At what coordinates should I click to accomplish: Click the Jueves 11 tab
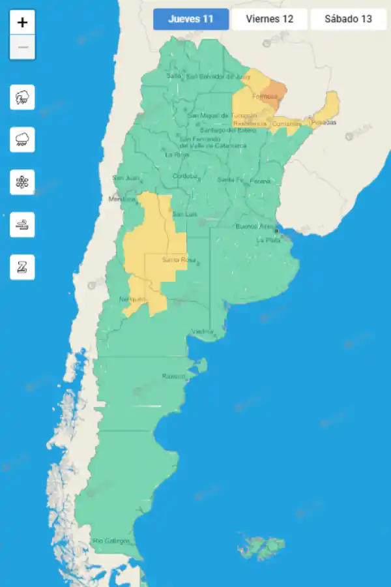point(191,19)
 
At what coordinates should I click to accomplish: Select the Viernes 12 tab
point(269,19)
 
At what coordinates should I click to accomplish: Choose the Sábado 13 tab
point(348,19)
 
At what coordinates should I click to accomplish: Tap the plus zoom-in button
point(23,22)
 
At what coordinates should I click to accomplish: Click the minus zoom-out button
point(23,48)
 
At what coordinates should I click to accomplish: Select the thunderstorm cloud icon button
point(23,98)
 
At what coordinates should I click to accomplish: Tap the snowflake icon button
point(23,183)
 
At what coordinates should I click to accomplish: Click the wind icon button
point(23,225)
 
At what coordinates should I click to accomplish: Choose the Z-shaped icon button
point(23,267)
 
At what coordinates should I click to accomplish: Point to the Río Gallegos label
point(111,541)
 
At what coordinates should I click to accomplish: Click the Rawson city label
point(173,376)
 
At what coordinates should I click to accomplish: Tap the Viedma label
point(203,332)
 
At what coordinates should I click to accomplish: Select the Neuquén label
point(132,299)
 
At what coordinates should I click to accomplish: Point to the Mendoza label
point(122,199)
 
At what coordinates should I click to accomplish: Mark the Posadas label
point(324,122)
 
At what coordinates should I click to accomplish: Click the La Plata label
point(268,240)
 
